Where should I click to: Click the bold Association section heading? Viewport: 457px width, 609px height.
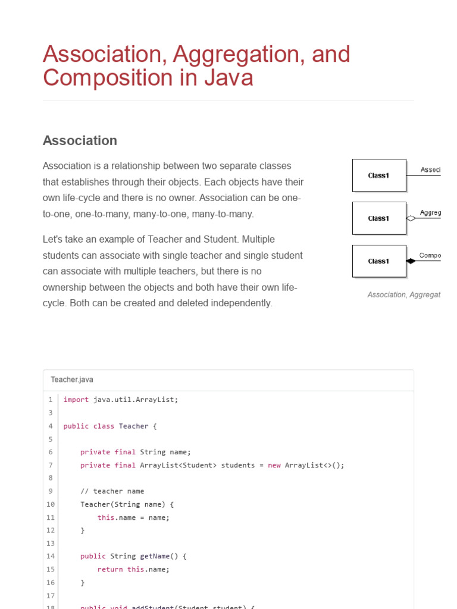click(x=80, y=140)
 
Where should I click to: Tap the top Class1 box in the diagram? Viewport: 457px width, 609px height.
click(x=379, y=175)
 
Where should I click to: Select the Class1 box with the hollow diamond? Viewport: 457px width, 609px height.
click(x=379, y=218)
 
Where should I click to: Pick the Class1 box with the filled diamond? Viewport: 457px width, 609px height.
click(x=379, y=261)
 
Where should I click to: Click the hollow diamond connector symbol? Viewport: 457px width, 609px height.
click(x=411, y=218)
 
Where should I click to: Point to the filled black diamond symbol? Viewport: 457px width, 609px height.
click(x=411, y=261)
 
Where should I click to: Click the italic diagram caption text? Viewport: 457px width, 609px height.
click(x=404, y=295)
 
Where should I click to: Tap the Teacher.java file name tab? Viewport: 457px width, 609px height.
click(x=72, y=379)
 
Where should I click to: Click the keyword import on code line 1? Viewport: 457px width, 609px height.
click(x=76, y=400)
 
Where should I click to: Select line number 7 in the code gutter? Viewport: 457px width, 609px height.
click(x=51, y=465)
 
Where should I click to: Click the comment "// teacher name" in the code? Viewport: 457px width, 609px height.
click(x=112, y=491)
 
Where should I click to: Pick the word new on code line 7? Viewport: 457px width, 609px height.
click(x=274, y=465)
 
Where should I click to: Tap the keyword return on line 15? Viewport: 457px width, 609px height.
click(x=110, y=570)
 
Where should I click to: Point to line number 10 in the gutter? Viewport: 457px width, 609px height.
click(x=51, y=504)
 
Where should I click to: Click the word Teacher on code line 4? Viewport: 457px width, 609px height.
click(x=134, y=426)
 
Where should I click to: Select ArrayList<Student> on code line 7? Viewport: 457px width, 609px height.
click(x=178, y=465)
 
